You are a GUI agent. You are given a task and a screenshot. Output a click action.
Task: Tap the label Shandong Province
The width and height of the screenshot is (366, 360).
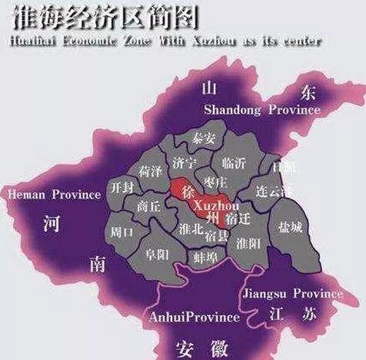[261, 110]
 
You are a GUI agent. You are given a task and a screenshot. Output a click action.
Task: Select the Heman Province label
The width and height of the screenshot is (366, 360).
[54, 195]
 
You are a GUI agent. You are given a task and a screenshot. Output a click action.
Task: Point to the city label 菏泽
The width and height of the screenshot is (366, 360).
[150, 169]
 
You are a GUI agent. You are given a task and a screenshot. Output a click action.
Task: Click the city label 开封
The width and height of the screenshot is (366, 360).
[123, 188]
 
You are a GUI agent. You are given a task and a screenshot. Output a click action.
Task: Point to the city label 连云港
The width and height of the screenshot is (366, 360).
[274, 190]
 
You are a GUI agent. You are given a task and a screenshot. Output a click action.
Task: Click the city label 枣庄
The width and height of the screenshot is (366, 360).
[215, 182]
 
